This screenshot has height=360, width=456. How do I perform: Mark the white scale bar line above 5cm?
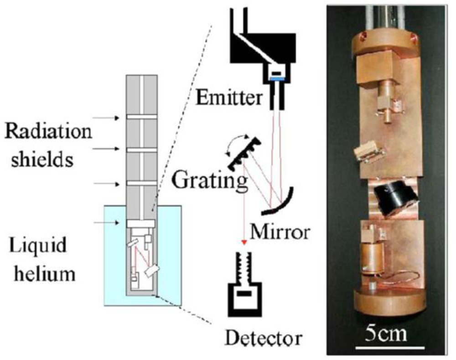coord(385,349)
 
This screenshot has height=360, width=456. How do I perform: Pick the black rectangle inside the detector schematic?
coord(244,294)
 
